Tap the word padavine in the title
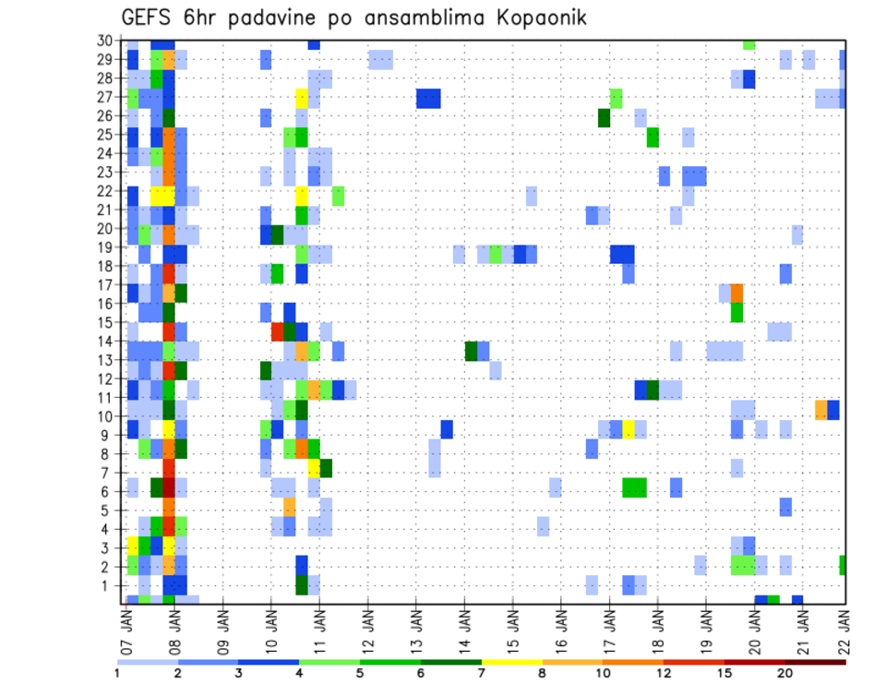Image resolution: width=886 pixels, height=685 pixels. [x=283, y=18]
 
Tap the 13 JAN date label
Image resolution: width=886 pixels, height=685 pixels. [x=416, y=627]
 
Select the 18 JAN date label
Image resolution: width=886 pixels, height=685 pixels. [x=657, y=627]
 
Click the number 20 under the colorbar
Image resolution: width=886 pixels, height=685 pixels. [x=784, y=672]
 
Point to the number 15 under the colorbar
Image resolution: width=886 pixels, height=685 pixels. [x=724, y=672]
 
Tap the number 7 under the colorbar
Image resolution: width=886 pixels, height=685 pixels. [x=481, y=672]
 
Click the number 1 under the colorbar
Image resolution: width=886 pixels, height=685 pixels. [x=117, y=672]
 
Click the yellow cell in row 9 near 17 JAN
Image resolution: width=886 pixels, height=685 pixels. [x=629, y=429]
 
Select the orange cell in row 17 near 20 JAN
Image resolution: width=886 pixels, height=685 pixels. [x=736, y=293]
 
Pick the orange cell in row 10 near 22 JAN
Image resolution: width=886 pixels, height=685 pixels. [x=821, y=410]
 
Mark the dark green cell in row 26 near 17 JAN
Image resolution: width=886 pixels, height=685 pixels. [x=604, y=117]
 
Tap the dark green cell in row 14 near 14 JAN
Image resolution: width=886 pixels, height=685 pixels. [x=472, y=351]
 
